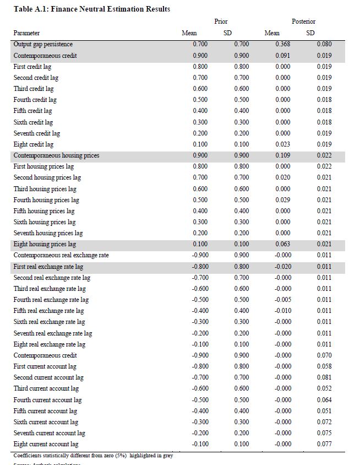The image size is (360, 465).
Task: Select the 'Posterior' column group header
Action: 303,21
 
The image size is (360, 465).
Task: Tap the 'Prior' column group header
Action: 221,21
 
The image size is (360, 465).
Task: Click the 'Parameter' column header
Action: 26,33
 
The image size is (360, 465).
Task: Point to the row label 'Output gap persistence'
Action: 43,44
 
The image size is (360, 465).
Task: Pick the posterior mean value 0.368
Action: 283,44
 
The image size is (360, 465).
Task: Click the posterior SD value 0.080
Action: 324,44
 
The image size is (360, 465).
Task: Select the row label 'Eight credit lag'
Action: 34,144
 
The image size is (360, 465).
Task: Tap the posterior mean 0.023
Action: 283,144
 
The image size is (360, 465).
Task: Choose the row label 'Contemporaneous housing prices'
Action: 56,155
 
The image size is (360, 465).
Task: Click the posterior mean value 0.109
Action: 283,155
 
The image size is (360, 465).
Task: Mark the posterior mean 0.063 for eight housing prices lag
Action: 283,244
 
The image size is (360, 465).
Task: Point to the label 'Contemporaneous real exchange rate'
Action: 61,255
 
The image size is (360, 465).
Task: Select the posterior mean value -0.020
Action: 282,267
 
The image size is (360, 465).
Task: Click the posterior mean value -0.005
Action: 282,300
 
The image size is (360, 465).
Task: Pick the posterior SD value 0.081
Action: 324,377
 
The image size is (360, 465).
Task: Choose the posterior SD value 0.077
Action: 324,444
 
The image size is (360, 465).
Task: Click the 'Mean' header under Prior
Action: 189,33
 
